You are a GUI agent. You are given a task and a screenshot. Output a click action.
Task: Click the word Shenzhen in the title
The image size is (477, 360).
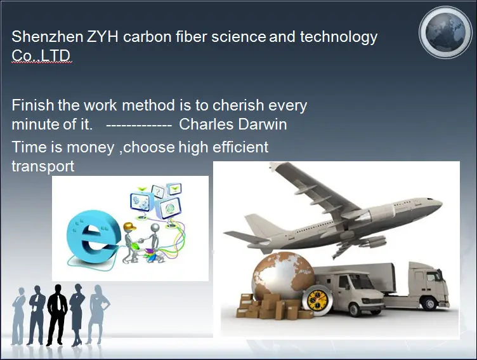[x=47, y=37]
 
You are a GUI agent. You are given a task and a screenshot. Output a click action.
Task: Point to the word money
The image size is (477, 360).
[x=90, y=147]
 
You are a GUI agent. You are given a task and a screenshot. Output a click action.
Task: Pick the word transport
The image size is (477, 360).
[x=43, y=166]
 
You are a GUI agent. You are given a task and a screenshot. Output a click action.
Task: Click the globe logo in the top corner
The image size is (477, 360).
[x=445, y=32]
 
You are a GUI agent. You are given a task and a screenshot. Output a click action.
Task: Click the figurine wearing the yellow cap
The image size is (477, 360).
[x=130, y=243]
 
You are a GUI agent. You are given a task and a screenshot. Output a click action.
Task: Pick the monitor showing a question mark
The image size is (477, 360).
[x=158, y=192]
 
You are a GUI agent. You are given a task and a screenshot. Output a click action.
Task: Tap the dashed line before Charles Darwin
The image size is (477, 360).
[x=139, y=125]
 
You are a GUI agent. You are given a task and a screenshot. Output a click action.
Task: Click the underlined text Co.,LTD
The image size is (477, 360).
[x=41, y=56]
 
